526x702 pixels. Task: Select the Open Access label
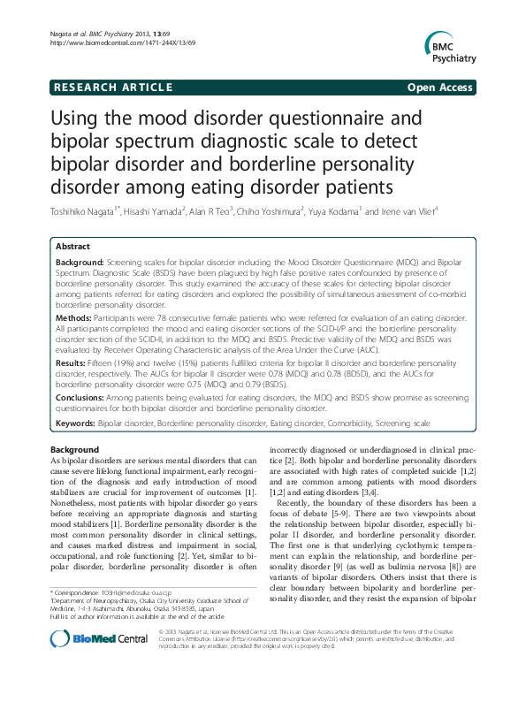[441, 87]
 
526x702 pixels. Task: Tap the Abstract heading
[72, 246]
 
